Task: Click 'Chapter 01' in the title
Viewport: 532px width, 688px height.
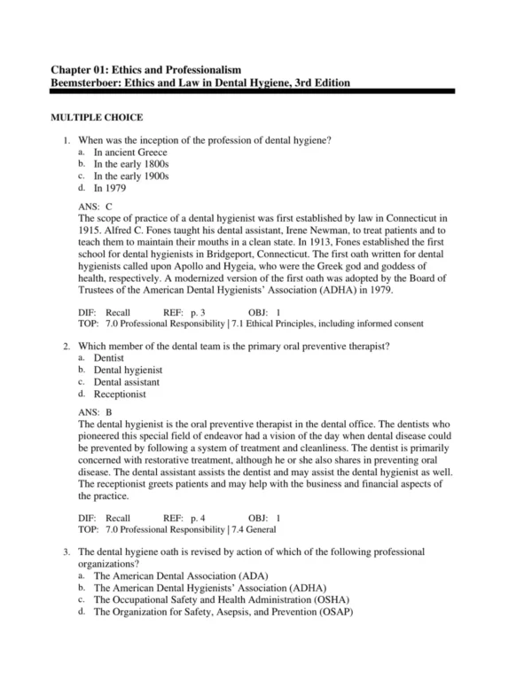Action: click(82, 69)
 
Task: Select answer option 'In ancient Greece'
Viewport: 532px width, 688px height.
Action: click(130, 152)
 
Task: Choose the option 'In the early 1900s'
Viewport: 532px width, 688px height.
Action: click(131, 176)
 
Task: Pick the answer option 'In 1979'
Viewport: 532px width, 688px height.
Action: click(110, 187)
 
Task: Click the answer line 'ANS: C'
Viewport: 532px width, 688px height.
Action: click(96, 206)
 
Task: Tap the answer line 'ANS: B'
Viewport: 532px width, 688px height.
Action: click(96, 412)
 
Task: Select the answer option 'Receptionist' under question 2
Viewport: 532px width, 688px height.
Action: click(120, 394)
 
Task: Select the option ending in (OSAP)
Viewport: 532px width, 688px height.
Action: click(223, 611)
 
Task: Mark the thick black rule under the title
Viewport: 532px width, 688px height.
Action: click(252, 91)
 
